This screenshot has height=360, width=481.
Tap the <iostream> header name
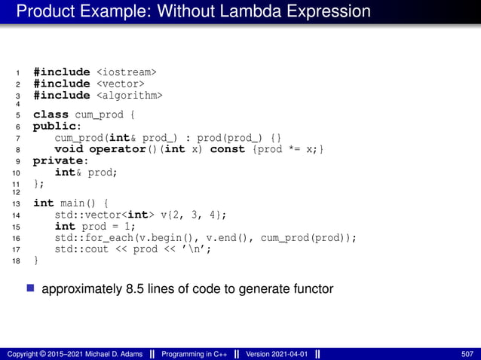[x=126, y=72]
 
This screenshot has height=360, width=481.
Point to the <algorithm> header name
[x=129, y=95]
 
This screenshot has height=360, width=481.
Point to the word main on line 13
[x=73, y=203]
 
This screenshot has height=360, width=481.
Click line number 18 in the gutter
[x=17, y=261]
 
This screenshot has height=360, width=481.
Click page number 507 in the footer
[x=467, y=353]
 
